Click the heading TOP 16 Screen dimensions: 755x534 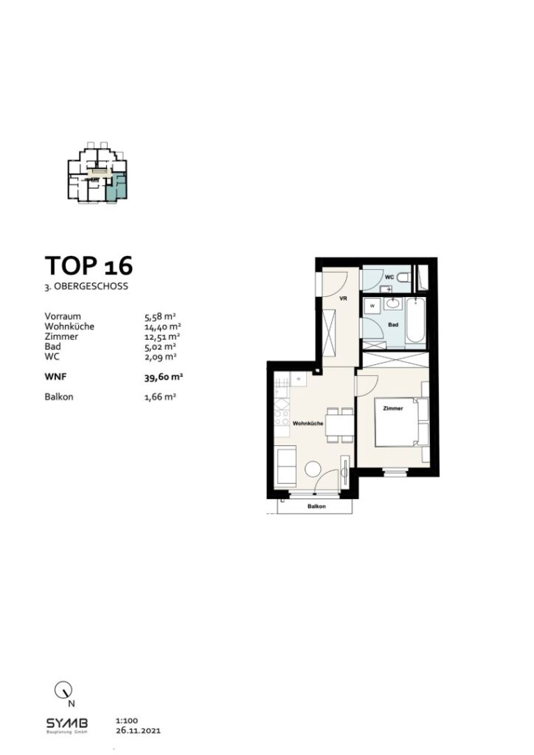tap(89, 265)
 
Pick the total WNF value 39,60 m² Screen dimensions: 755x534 tap(164, 376)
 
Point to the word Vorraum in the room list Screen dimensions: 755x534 tap(63, 316)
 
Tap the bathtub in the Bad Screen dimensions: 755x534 tap(415, 320)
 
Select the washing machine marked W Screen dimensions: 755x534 tap(372, 305)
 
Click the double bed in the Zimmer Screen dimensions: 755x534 tap(398, 422)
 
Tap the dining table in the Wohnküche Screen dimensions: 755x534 tap(339, 425)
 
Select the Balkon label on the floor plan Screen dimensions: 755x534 tap(316, 507)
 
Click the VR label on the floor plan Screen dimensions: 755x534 tap(342, 299)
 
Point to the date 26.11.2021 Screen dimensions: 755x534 tap(137, 731)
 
